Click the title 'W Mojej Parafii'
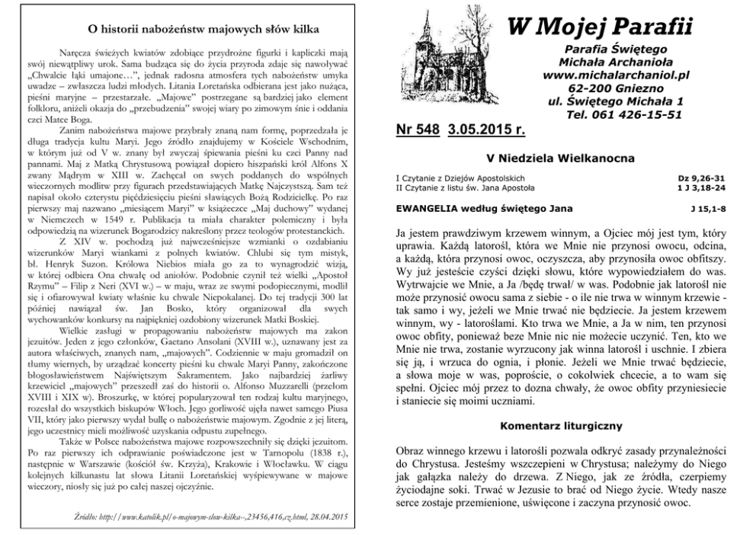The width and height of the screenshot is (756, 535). click(x=600, y=28)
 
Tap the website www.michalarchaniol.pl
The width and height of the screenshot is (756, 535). click(x=613, y=75)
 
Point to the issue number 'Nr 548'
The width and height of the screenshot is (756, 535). click(x=418, y=130)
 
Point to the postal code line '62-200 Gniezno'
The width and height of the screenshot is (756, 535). click(x=613, y=88)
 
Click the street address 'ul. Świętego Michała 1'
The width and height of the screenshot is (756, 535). click(x=616, y=101)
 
